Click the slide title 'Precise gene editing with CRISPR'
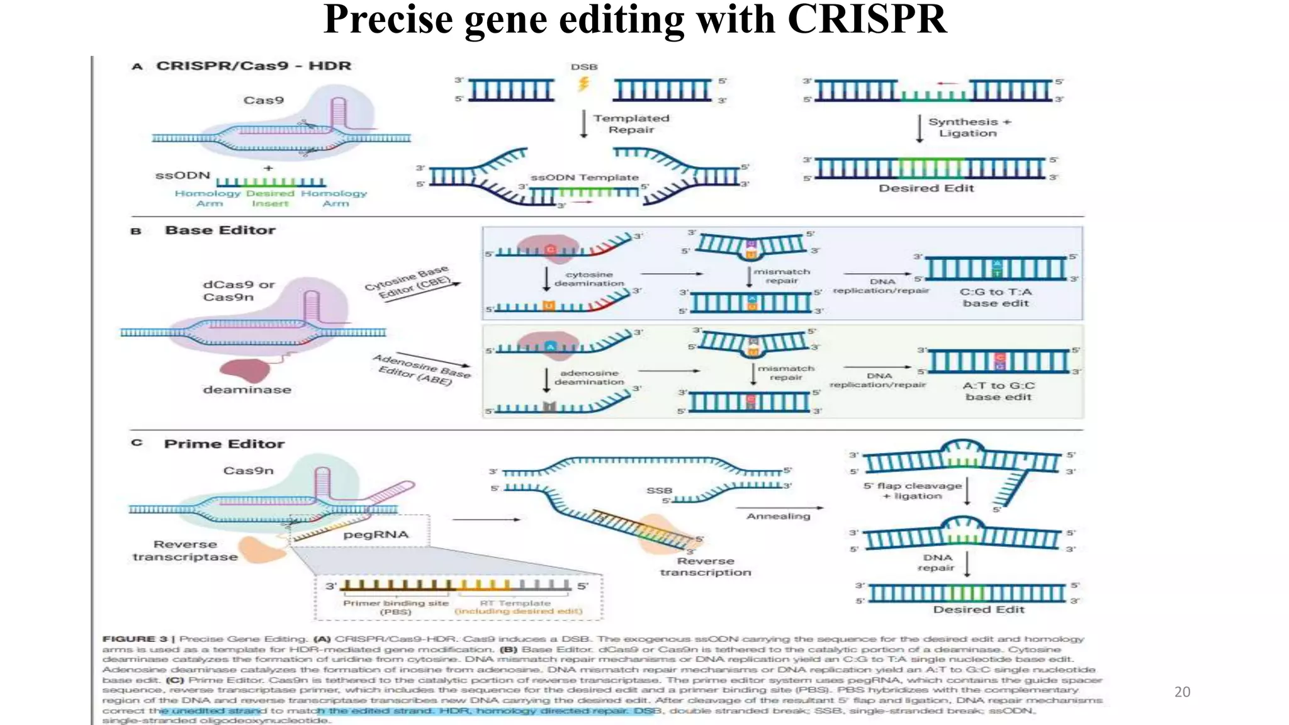(634, 20)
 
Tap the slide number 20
(1182, 692)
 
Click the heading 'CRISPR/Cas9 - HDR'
(253, 66)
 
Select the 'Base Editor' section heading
(220, 230)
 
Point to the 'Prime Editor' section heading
(224, 444)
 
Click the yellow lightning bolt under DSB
(583, 84)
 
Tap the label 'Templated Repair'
(631, 124)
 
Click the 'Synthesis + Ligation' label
(969, 127)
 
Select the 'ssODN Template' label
(584, 177)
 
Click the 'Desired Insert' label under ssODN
(270, 198)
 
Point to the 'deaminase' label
(247, 390)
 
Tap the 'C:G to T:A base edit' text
(996, 297)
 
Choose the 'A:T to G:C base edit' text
(998, 391)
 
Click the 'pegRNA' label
(376, 534)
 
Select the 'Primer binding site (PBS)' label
(395, 607)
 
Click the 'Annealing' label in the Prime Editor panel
(778, 516)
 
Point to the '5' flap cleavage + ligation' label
(912, 491)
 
